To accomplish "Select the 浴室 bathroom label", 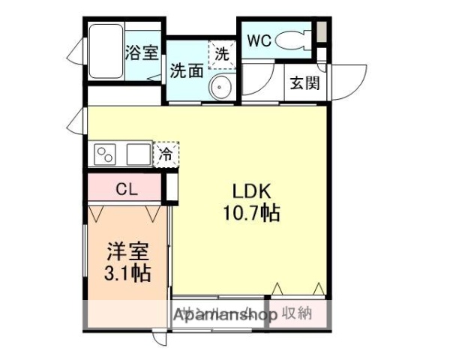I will point(141,52).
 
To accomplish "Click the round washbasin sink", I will point(220,88).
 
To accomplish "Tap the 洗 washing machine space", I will point(222,54).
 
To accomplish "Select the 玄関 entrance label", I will point(305,82).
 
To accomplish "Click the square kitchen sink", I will point(138,156).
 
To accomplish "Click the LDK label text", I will point(250,190).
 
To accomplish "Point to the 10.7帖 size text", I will point(250,214).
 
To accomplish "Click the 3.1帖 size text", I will point(126,273).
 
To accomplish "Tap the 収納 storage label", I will point(298,313).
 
